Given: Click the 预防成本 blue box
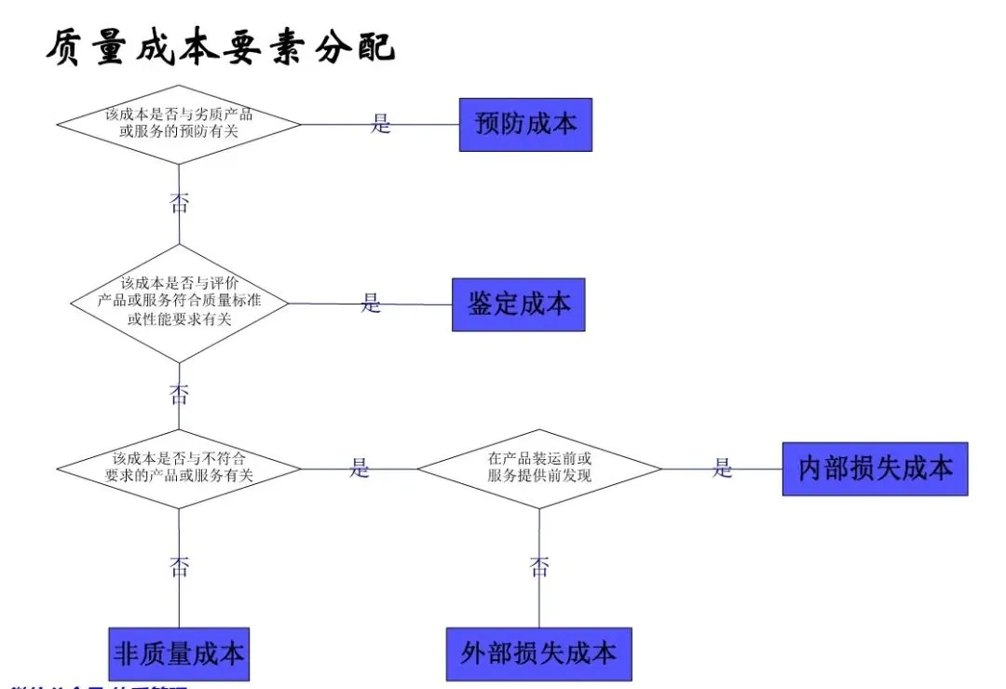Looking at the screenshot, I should (525, 124).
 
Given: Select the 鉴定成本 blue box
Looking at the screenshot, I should (518, 304).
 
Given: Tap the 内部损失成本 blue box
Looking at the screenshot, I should (875, 468).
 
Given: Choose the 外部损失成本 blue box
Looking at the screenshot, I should (538, 654).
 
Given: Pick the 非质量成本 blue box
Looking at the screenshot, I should (179, 654).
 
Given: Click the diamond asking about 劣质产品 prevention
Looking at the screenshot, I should (179, 124).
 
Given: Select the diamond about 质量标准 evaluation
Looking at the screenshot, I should (179, 303).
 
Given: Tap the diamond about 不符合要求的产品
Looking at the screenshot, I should (179, 467).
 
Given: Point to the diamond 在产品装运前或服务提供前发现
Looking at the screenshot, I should (538, 468).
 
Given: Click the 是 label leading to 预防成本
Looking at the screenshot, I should (381, 124).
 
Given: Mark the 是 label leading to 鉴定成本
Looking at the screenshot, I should (372, 304).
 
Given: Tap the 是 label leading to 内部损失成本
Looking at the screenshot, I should (723, 468).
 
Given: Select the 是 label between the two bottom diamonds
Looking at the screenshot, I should (360, 468).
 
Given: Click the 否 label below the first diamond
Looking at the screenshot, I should (179, 203).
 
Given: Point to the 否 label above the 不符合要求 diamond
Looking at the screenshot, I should (179, 394).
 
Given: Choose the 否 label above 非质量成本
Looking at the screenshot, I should (179, 566).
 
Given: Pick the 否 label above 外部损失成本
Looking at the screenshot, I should (539, 566).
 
